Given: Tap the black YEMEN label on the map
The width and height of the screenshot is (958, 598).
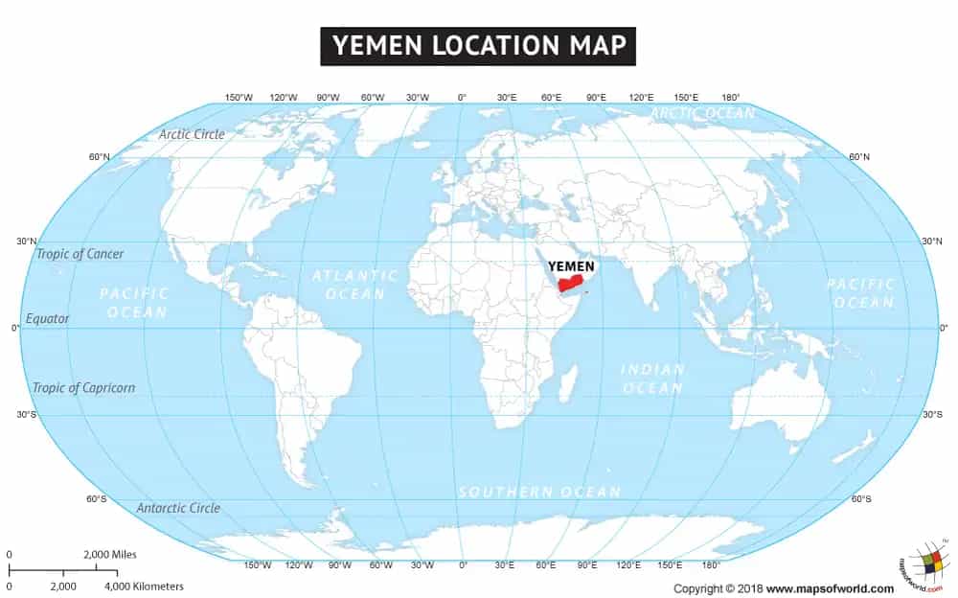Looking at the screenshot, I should point(570,265).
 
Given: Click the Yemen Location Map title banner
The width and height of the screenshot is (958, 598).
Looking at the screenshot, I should point(478,45).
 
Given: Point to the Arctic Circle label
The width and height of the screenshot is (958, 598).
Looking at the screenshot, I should point(192,134).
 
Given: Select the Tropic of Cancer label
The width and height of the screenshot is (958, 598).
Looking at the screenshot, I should point(80,254).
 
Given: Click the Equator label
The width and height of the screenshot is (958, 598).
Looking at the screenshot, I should point(48,318).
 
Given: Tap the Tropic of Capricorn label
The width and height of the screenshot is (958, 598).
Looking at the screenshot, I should point(83,388).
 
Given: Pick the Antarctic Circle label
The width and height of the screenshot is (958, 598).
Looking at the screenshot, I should point(178,508).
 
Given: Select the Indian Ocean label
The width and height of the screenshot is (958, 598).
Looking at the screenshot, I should point(652,379).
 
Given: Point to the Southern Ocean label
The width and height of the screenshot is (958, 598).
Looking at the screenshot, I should point(539,492).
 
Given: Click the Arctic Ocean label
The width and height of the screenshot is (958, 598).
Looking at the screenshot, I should point(702,113).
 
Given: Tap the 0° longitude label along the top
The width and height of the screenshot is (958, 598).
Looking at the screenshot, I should point(462,98).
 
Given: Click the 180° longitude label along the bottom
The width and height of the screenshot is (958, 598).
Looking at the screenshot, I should point(711,565).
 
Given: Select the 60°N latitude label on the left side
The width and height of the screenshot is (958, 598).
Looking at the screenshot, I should point(99,157).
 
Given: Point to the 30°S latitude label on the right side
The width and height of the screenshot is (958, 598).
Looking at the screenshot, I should point(931,414).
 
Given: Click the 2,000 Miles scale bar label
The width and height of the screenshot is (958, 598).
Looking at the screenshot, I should point(110,555).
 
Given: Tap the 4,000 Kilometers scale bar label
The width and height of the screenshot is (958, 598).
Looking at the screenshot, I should point(144,586).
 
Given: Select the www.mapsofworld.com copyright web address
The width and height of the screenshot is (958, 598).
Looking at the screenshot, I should point(830,588).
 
